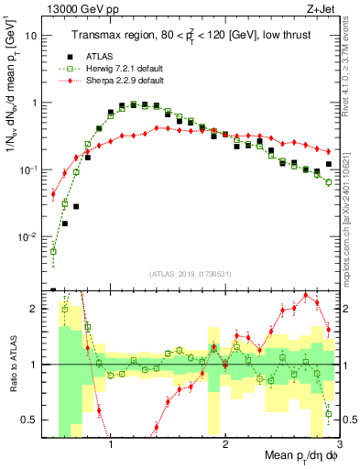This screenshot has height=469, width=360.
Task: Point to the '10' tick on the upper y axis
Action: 31,36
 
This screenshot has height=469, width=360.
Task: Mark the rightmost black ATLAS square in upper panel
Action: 329,164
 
